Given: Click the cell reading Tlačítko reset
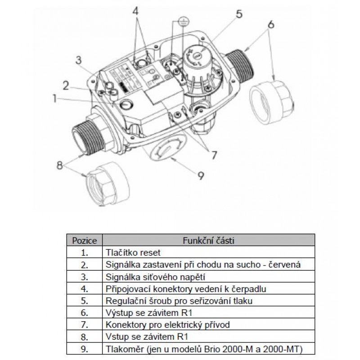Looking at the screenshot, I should click(132, 252).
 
